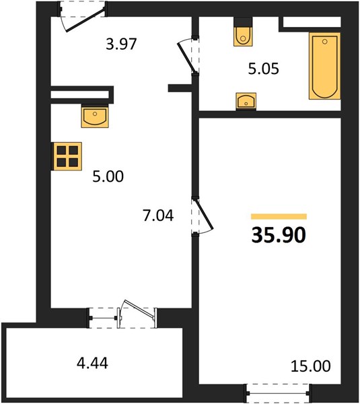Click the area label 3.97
click(x=121, y=44)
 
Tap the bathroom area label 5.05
click(x=263, y=69)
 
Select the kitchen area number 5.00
click(x=108, y=176)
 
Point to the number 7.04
click(x=158, y=215)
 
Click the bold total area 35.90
click(x=279, y=235)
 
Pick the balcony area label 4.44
click(x=92, y=364)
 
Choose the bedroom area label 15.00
click(x=311, y=366)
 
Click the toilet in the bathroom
click(x=243, y=32)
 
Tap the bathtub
click(x=325, y=66)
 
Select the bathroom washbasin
click(x=246, y=101)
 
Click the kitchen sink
click(x=95, y=116)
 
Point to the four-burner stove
click(x=67, y=156)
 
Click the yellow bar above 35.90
click(x=279, y=216)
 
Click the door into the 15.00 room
click(x=204, y=213)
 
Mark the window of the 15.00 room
click(x=279, y=393)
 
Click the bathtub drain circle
click(x=324, y=41)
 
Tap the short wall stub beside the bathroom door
click(x=180, y=88)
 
